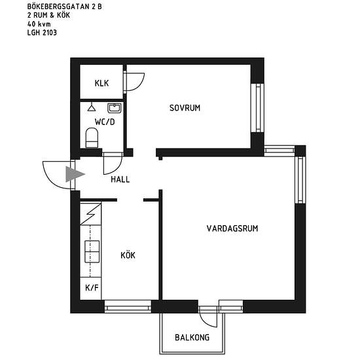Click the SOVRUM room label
[x=185, y=108]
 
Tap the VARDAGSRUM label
[x=232, y=228]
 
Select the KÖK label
[x=128, y=255]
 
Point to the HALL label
[x=120, y=179]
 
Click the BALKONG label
[x=192, y=337]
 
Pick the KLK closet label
[x=101, y=83]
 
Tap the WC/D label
[x=105, y=122]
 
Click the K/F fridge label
[x=92, y=287]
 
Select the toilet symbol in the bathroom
[x=92, y=137]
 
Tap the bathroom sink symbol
[x=115, y=108]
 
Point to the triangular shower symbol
[x=92, y=107]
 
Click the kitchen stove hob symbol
[x=92, y=251]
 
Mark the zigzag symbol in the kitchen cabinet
[x=91, y=214]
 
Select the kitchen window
[x=128, y=306]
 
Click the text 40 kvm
[x=39, y=24]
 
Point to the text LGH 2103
[x=42, y=33]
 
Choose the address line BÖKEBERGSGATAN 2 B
[x=65, y=7]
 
